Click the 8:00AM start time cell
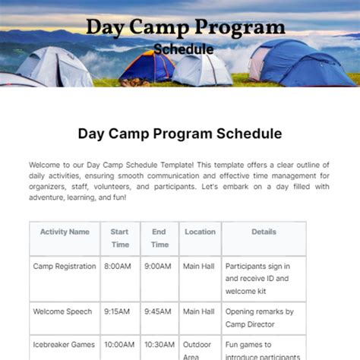[120, 267]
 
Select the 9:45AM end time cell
[159, 311]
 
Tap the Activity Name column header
[65, 232]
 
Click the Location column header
[200, 232]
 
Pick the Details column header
[264, 232]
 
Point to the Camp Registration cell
[65, 267]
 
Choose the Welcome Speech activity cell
[62, 311]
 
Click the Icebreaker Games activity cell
[65, 344]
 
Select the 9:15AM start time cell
[120, 311]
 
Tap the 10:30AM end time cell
[159, 344]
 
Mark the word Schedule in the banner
[183, 49]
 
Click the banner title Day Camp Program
[185, 27]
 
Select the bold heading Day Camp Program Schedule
[180, 134]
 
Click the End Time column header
[159, 238]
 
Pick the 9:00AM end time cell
[159, 267]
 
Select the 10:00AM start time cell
[120, 344]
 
